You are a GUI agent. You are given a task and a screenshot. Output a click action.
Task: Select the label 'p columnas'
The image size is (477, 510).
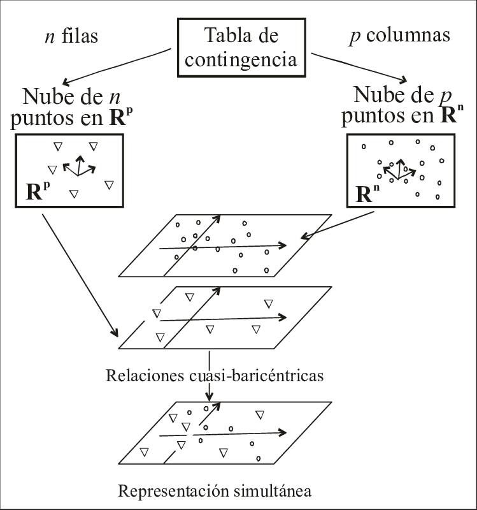[400, 36]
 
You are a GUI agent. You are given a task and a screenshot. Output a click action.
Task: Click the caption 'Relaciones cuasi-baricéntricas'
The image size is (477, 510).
[215, 375]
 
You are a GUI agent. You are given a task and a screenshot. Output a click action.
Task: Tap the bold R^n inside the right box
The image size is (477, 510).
[367, 193]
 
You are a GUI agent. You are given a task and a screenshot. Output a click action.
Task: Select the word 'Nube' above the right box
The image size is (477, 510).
[376, 96]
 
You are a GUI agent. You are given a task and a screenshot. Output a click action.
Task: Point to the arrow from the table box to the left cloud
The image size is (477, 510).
[118, 66]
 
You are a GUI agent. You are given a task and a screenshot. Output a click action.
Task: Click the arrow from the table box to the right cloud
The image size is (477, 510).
[359, 66]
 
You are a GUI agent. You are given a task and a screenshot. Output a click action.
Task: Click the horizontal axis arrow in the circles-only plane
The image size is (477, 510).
[223, 246]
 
